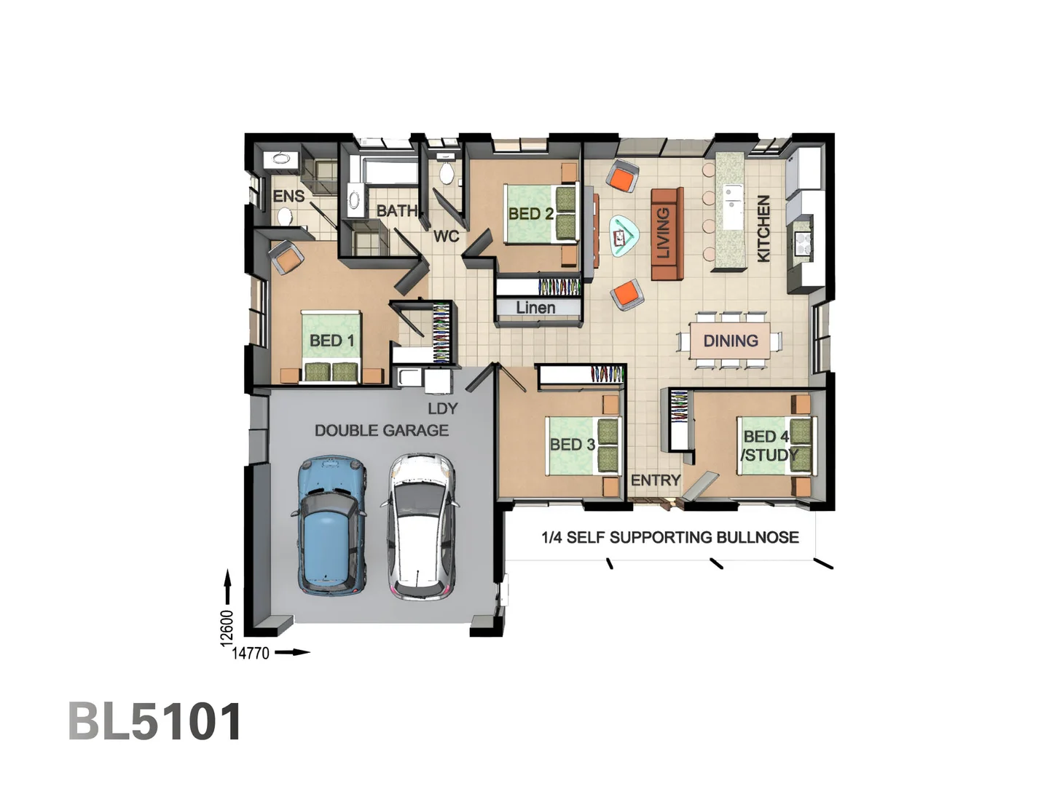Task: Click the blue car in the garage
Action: (331, 524)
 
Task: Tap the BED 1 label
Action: (331, 341)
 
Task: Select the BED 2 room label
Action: (530, 214)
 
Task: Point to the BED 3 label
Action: (572, 445)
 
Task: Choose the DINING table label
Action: (730, 341)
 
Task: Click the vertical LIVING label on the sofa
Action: (664, 233)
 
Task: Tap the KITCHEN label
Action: (763, 228)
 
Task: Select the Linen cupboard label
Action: (535, 308)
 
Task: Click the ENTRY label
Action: (655, 480)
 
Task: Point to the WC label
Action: (446, 237)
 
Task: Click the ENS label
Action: (288, 196)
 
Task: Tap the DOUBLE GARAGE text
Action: (381, 431)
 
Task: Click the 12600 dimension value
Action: (227, 627)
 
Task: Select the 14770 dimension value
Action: (251, 653)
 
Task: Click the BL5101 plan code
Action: (155, 722)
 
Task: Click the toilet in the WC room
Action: (447, 173)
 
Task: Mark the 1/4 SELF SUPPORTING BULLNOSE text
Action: (669, 538)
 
